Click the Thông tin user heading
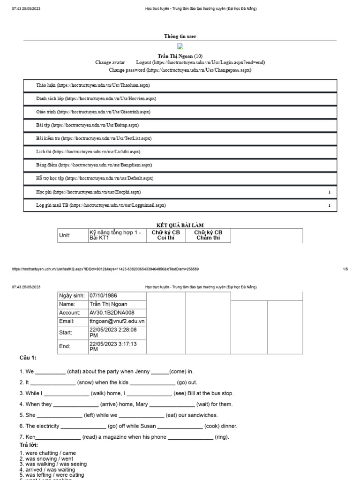point(180,37)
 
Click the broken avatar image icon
point(180,46)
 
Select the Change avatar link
point(110,62)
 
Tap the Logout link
point(200,62)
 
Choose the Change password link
point(180,70)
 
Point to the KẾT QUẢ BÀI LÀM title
point(180,225)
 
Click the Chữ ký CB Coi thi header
point(166,235)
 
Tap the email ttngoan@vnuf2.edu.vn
point(117,321)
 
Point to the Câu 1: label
point(28,358)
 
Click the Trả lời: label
point(29,445)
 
